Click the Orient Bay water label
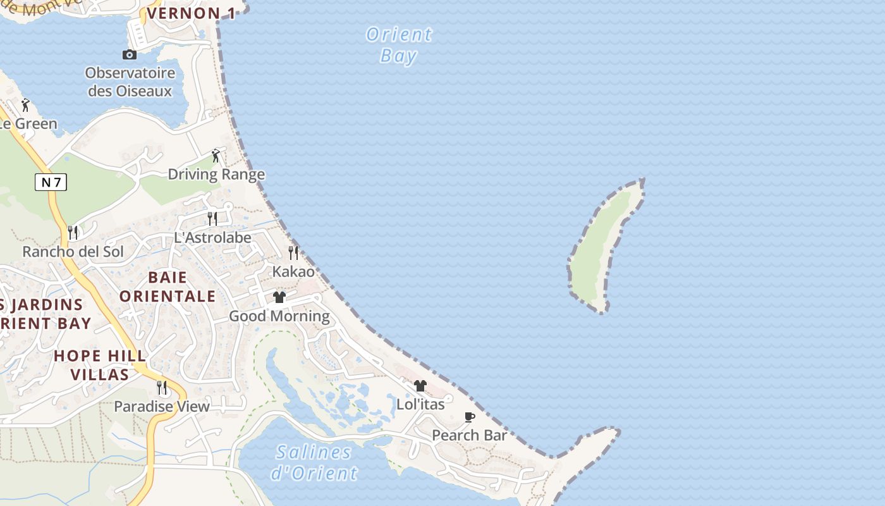click(399, 45)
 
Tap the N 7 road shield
click(51, 183)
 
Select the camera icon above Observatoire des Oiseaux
click(130, 55)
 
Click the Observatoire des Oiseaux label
click(130, 82)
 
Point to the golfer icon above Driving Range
click(216, 155)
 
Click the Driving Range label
click(216, 174)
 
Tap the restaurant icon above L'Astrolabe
click(212, 219)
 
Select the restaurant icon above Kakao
click(293, 253)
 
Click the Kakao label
click(293, 271)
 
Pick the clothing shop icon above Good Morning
click(279, 297)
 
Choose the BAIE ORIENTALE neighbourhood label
click(168, 287)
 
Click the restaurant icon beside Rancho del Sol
click(73, 233)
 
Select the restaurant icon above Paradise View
click(162, 387)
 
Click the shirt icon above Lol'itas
click(420, 386)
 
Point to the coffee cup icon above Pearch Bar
click(470, 417)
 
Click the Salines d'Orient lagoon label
click(314, 462)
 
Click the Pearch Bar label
click(470, 435)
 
